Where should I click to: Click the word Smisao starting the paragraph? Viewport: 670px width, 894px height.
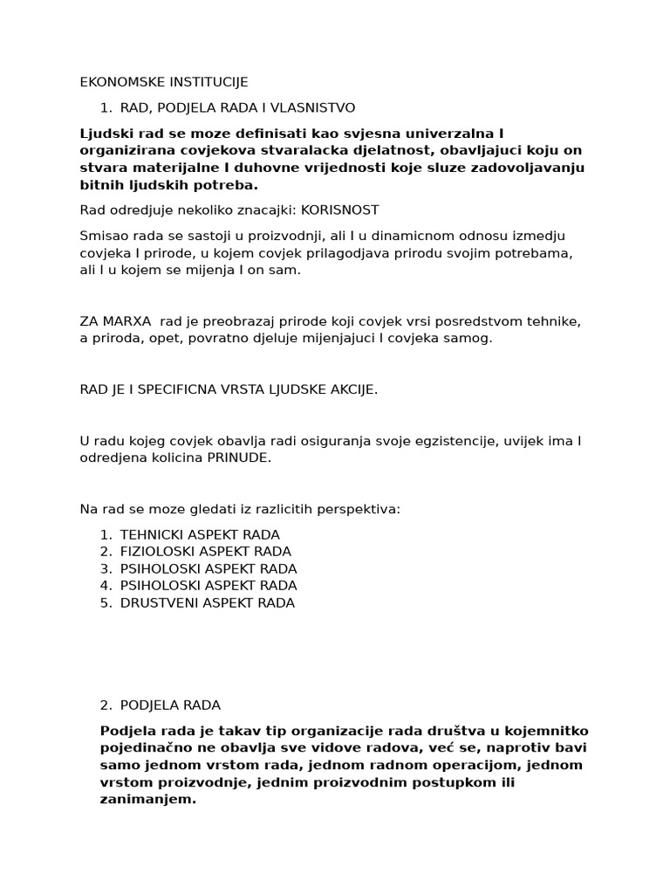(x=102, y=237)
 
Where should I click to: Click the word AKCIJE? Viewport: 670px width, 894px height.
(x=354, y=389)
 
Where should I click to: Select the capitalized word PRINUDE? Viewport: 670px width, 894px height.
(x=239, y=457)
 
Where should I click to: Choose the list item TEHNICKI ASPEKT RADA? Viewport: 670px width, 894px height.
(x=200, y=534)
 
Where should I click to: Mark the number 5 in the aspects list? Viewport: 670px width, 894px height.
(x=105, y=602)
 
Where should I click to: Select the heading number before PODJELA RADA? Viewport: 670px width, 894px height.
(x=105, y=705)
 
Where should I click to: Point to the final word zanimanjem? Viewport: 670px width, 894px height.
(x=147, y=799)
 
